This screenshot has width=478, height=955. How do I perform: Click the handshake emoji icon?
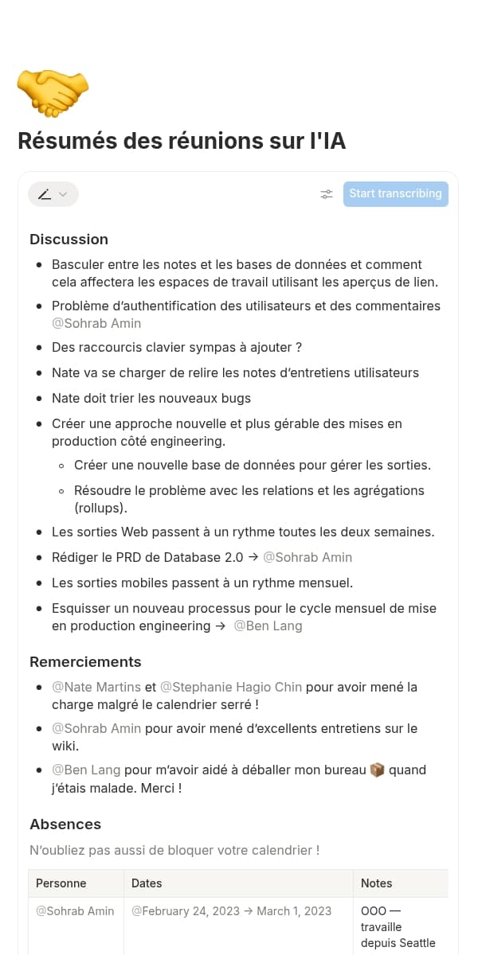tap(53, 92)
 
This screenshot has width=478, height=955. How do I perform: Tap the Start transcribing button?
tap(395, 193)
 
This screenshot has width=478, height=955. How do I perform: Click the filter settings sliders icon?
tap(327, 194)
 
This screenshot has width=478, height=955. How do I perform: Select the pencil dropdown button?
tap(53, 194)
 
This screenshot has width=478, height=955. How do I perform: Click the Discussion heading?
tap(69, 240)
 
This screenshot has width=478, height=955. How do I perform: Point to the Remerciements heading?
tap(85, 662)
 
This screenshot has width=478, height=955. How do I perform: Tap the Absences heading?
tap(65, 824)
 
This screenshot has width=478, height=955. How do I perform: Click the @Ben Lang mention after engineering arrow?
tap(268, 626)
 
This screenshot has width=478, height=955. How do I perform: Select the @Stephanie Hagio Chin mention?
tap(231, 687)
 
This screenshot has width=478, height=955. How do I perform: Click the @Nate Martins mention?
tap(96, 687)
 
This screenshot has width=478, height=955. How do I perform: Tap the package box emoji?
tap(378, 770)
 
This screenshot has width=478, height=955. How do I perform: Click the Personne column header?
tap(61, 883)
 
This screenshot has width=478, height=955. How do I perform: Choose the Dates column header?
tap(147, 883)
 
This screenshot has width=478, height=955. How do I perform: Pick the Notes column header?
tap(377, 883)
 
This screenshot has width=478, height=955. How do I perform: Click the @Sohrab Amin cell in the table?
tap(75, 911)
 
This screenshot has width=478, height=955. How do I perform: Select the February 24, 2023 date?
tap(186, 911)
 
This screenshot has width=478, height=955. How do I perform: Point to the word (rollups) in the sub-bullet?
tap(101, 508)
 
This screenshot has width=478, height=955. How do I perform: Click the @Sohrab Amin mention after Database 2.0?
tap(308, 557)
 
